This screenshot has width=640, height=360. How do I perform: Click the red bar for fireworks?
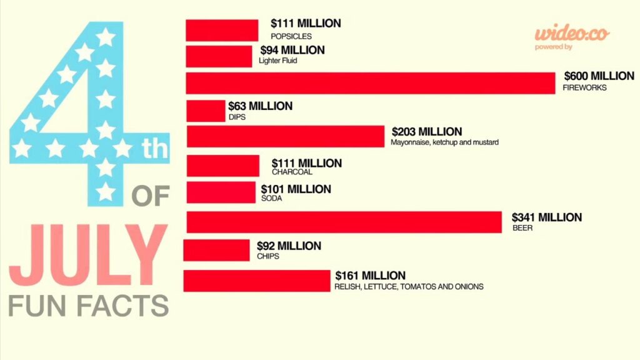(x=371, y=83)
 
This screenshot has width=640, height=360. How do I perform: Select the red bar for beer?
(x=344, y=222)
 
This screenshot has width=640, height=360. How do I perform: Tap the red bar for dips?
(x=206, y=111)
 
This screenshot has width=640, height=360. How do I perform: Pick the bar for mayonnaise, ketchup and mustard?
(x=286, y=136)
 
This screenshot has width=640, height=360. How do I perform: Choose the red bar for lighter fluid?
(x=219, y=56)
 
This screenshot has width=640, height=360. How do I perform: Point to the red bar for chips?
(x=216, y=250)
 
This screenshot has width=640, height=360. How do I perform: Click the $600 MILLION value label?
(x=599, y=76)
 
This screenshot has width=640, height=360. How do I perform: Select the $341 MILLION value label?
(x=547, y=217)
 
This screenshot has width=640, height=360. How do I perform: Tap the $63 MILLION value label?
(x=260, y=106)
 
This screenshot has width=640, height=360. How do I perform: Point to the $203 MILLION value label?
(x=427, y=132)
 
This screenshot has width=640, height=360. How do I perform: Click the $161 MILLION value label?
(x=370, y=276)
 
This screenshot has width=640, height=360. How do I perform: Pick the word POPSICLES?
(x=291, y=36)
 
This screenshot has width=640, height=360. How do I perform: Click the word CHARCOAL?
(x=292, y=172)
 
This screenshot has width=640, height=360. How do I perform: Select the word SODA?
(x=272, y=198)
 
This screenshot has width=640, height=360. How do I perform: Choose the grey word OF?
(x=151, y=196)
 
